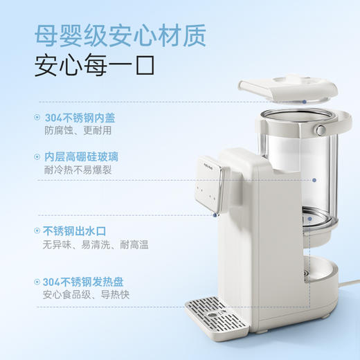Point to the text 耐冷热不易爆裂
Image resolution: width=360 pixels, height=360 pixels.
tap(78, 170)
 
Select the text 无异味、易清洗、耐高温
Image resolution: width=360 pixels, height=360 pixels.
tap(96, 244)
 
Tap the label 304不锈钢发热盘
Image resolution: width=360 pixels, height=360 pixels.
tap(82, 282)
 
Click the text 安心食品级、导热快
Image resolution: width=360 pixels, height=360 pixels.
tap(87, 295)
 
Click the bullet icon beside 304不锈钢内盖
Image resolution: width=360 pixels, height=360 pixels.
tap(36, 117)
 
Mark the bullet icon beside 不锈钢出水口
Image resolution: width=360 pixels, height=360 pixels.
tap(36, 231)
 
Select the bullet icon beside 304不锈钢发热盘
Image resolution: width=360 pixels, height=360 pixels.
tap(36, 282)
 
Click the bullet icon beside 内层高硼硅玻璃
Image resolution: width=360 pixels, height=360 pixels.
tap(36, 157)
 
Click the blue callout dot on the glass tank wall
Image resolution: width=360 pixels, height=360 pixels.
tap(314, 180)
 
